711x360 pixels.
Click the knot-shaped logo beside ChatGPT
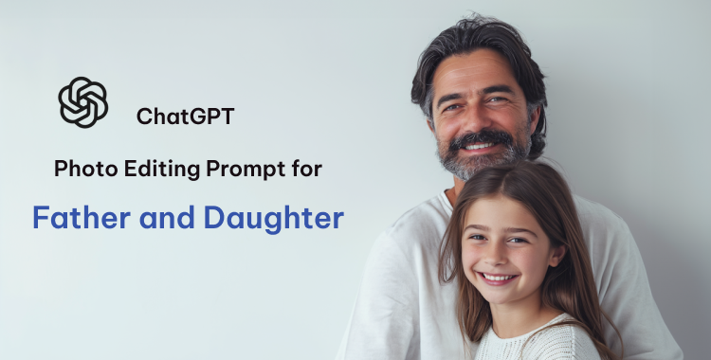(82, 102)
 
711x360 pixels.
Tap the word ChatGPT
(185, 117)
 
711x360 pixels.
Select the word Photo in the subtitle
(79, 170)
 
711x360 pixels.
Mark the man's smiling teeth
(483, 147)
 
